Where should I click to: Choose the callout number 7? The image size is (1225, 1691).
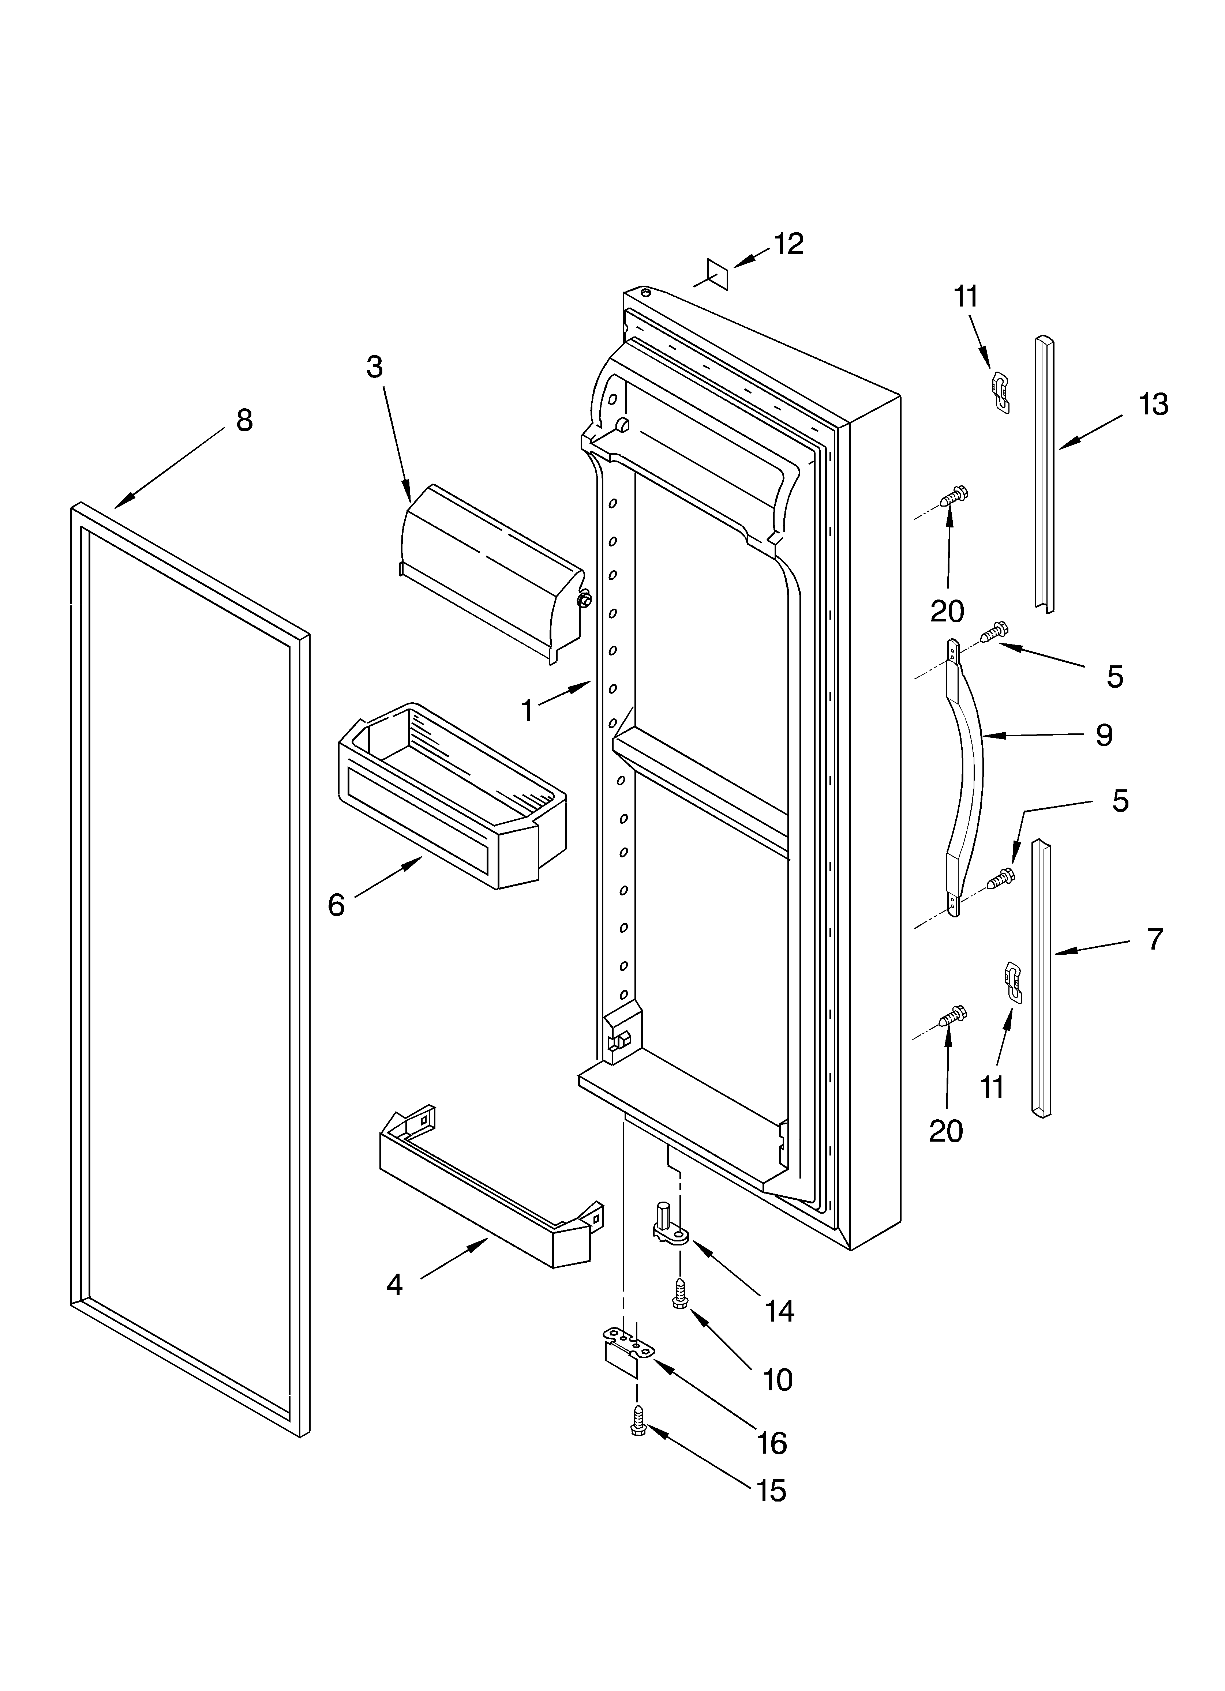pos(1154,939)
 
